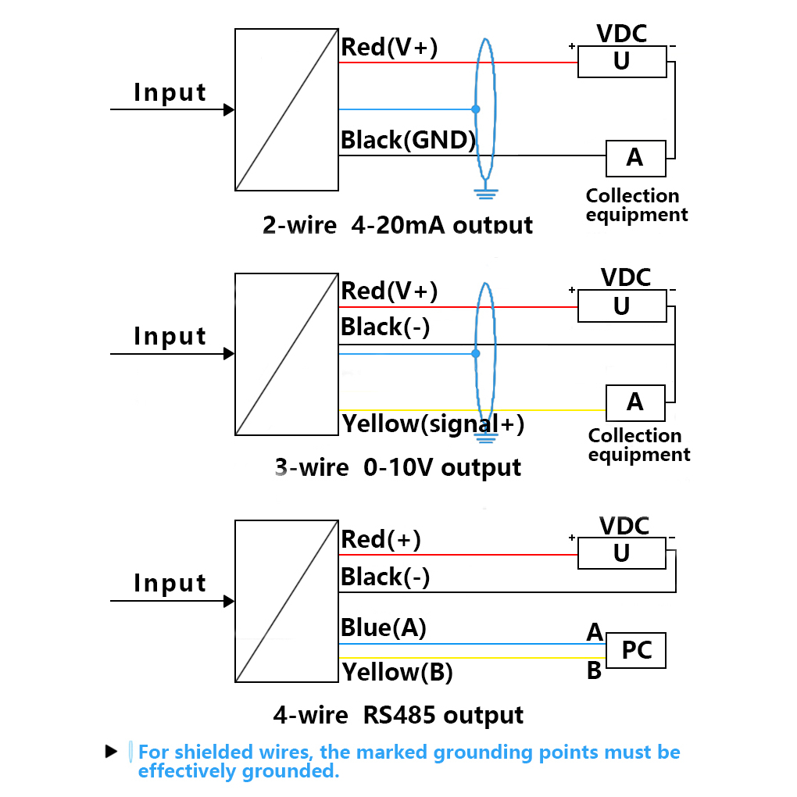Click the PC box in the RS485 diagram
(x=637, y=650)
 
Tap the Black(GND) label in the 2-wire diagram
(x=408, y=141)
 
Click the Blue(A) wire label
(x=384, y=627)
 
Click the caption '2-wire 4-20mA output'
(x=398, y=226)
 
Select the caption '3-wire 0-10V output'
(x=398, y=467)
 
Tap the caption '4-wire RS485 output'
(x=398, y=715)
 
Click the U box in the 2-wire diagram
(x=622, y=62)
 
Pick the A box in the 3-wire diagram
(x=635, y=402)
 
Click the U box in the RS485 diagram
(x=622, y=553)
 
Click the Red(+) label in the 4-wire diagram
(x=381, y=539)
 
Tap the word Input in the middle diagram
(x=170, y=336)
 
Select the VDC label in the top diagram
(x=622, y=34)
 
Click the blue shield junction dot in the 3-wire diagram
(x=476, y=353)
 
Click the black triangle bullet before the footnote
(x=111, y=752)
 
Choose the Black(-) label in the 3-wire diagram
(x=385, y=327)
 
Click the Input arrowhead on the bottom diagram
(x=229, y=601)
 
